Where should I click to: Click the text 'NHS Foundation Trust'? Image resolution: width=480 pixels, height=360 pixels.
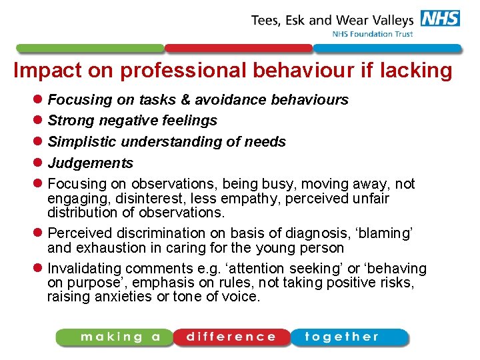pyautogui.click(x=373, y=35)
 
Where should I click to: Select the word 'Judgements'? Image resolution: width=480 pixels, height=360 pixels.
pyautogui.click(x=90, y=163)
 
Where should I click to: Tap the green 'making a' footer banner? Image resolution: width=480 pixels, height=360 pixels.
pyautogui.click(x=113, y=337)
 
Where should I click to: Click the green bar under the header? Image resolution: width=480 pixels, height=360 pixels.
pyautogui.click(x=89, y=49)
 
